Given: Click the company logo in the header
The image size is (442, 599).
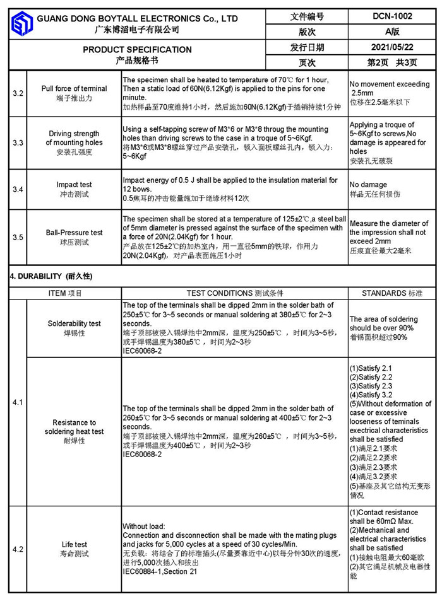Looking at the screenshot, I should point(21,24).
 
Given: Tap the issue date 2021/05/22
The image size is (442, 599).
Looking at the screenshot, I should point(391,47).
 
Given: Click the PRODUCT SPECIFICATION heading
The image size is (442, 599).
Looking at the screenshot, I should point(137,49).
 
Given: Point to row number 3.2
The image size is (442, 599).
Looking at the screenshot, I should point(18,93).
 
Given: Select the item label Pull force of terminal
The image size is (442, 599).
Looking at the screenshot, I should point(74,89).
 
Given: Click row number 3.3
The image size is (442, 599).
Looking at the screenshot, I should point(18,143).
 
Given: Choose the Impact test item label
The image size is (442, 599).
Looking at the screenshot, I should point(74,185).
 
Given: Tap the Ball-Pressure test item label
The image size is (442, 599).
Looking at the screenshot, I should point(74,233).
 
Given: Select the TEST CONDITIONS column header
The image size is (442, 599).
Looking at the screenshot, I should point(234,293).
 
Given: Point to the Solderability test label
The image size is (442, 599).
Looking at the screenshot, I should point(74,323).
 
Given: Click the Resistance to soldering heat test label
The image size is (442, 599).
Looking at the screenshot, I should point(74,427).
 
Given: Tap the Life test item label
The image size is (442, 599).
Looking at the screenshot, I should point(74,545).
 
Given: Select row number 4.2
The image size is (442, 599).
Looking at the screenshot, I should point(18,549).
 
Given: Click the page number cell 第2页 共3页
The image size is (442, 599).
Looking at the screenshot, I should point(391,62).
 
